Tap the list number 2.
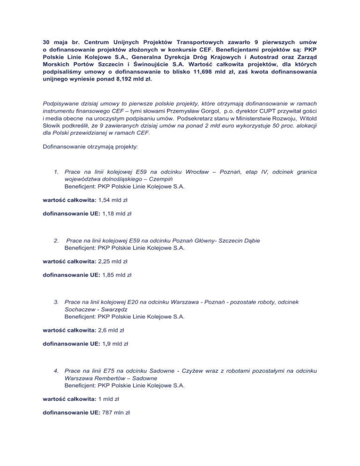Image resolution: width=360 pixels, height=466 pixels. coord(57,241)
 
